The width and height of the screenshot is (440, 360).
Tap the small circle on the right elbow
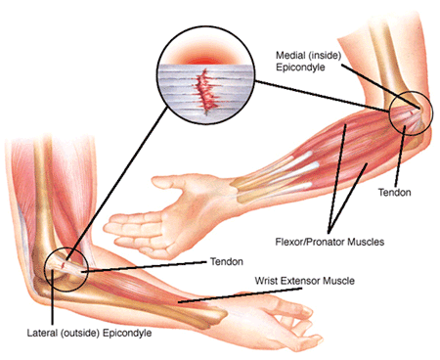point(409,112)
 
